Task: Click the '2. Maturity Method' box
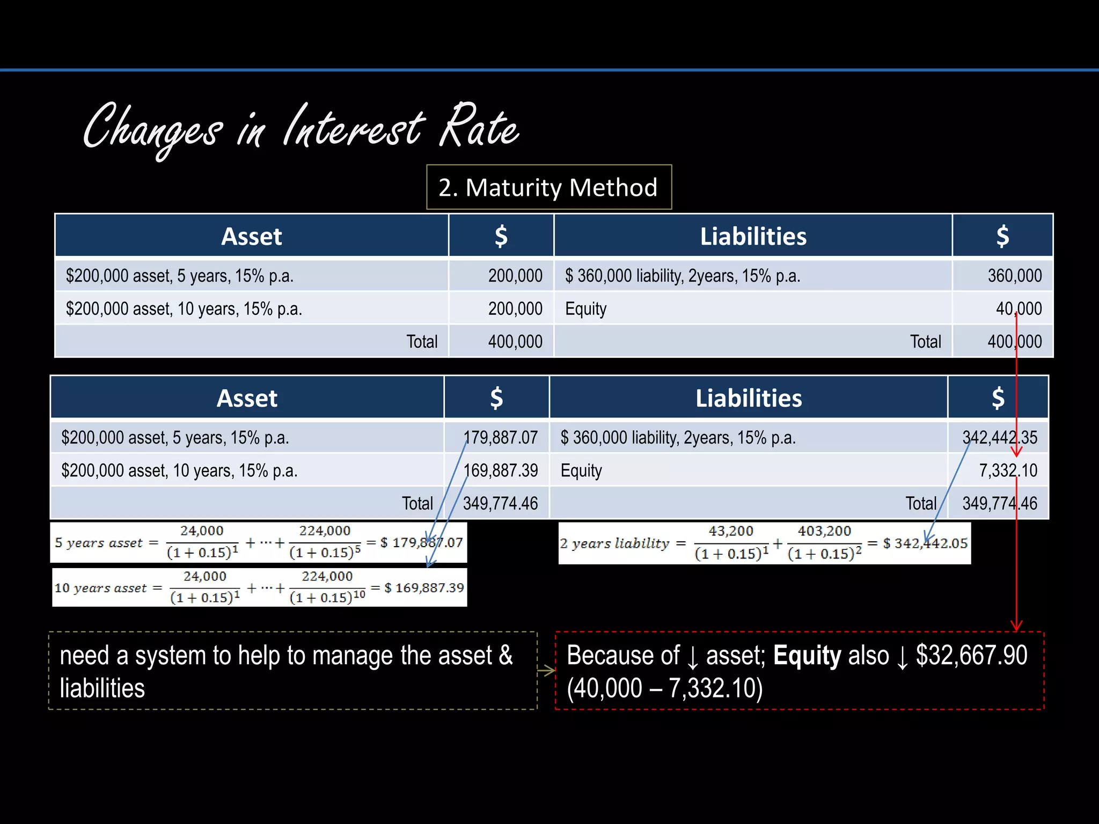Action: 548,187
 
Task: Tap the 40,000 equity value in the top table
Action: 1018,308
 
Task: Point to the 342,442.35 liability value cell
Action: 999,438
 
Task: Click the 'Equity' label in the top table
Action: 585,309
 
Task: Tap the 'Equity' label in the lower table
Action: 581,471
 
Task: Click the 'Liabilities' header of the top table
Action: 753,237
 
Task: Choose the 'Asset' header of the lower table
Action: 247,399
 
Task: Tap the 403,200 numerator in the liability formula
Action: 824,531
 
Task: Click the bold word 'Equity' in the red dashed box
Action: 807,656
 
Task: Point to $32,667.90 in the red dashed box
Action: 971,656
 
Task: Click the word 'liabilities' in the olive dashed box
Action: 102,688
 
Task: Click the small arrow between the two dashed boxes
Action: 546,671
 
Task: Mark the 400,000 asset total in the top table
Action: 515,342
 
